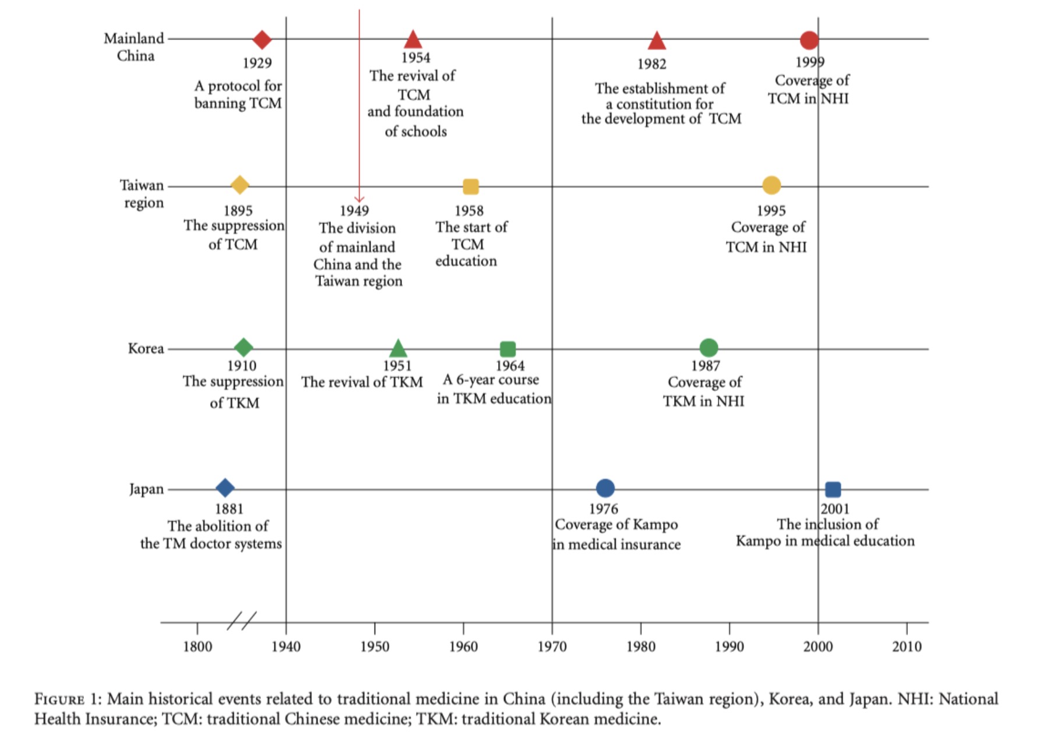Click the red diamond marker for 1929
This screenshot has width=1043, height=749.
(262, 40)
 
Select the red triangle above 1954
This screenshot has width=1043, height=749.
(413, 40)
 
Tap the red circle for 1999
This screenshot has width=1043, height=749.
(809, 40)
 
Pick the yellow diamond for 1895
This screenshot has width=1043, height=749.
(239, 185)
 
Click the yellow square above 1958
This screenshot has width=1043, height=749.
(471, 186)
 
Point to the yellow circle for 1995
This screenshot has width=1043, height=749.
(771, 185)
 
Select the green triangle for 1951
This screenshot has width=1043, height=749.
(398, 349)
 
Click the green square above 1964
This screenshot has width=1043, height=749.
(508, 349)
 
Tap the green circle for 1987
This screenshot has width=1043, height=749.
(709, 348)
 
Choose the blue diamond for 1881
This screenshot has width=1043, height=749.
(225, 488)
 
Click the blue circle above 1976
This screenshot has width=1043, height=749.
(605, 488)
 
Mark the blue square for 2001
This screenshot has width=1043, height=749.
(833, 489)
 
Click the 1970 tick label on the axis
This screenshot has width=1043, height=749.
(552, 646)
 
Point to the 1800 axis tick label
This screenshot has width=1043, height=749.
(198, 646)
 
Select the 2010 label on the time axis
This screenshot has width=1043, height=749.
(907, 646)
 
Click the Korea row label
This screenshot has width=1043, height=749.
(146, 348)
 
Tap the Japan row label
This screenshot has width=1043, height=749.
(146, 489)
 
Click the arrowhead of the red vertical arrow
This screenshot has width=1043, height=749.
(359, 199)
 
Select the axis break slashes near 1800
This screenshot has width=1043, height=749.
(241, 621)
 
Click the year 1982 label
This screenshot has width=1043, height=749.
(651, 64)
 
